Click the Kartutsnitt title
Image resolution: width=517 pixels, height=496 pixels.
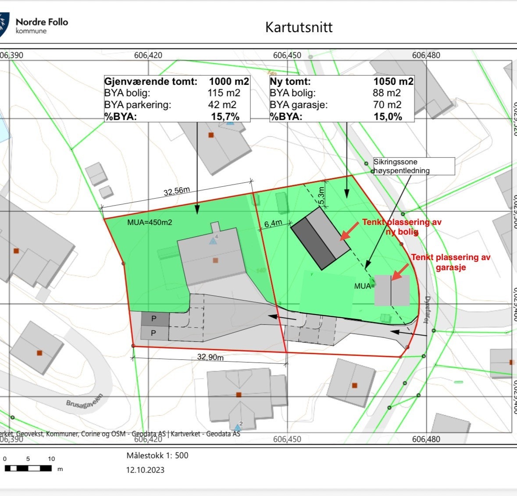point(299,27)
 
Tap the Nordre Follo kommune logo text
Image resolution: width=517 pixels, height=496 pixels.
point(42,25)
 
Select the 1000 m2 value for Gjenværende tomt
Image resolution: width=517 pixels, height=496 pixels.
point(229,81)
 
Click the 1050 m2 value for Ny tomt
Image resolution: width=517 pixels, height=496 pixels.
point(393,81)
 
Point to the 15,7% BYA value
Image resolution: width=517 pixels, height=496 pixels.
point(225,116)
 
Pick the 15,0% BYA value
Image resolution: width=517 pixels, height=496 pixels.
point(388,116)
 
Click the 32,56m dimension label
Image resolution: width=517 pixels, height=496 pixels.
point(177,192)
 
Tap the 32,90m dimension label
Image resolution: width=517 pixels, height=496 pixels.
point(210,357)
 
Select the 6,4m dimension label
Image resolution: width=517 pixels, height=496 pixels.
point(273,224)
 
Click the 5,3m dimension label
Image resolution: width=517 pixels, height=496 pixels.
point(321,196)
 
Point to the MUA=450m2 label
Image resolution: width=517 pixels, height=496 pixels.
point(150,222)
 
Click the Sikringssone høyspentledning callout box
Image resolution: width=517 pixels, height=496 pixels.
point(414,167)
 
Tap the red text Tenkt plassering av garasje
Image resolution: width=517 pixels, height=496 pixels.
point(450,262)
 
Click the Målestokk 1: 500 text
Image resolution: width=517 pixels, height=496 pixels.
point(157,456)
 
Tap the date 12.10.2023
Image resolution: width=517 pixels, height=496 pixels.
point(145,470)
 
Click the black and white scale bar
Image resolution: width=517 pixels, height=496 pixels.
point(28,468)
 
